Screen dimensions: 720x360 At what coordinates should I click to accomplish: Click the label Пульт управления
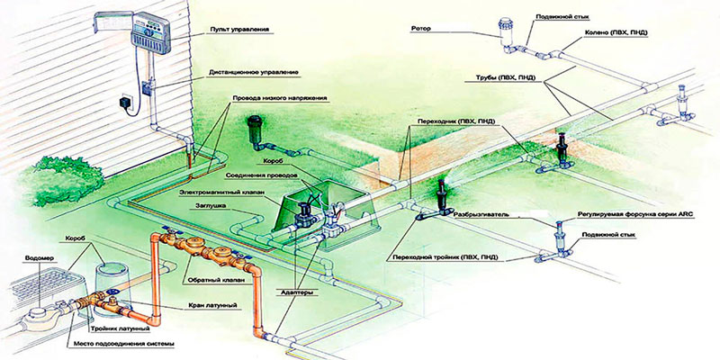238,30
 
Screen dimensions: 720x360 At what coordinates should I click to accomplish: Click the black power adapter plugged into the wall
125,102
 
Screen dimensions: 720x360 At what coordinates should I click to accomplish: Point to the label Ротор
422,29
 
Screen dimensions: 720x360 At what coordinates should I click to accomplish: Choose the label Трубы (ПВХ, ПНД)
499,78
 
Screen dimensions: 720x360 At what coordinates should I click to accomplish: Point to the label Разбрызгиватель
481,214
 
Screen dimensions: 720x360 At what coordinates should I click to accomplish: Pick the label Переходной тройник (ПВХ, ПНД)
442,257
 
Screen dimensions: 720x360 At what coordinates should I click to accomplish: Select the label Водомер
35,257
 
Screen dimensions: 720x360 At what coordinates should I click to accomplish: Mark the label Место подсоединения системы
121,344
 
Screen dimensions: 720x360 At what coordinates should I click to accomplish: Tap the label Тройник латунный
119,329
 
